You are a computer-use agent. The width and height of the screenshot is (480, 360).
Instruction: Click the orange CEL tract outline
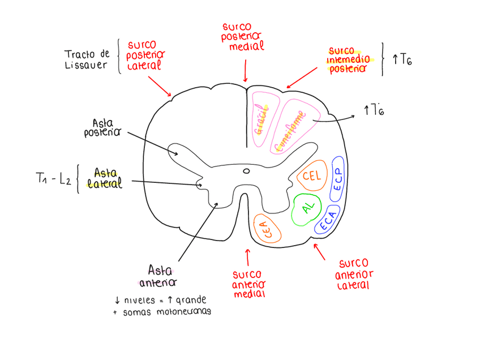[x=311, y=176]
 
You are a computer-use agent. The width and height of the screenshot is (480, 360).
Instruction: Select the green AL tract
[x=307, y=209]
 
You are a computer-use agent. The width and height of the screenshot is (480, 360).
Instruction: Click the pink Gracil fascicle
[x=263, y=120]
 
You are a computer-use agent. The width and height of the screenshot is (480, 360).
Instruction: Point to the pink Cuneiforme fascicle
[x=290, y=129]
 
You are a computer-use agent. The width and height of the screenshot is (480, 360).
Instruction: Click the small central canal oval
[x=246, y=170]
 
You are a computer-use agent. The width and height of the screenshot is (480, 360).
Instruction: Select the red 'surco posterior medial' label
[x=244, y=37]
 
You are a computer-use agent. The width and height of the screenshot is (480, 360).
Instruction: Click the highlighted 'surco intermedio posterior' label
[x=349, y=59]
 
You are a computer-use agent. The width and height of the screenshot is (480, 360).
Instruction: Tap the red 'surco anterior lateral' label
[x=354, y=275]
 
